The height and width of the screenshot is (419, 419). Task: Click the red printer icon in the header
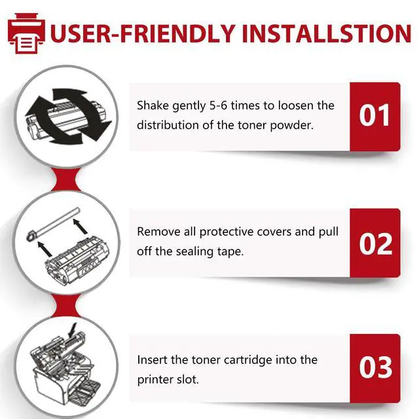point(26,33)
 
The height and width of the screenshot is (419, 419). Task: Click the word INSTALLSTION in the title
point(326,33)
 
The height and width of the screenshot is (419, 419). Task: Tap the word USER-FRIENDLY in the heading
point(143,33)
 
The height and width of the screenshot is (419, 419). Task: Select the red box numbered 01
point(375,117)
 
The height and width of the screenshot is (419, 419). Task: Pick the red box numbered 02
point(375,243)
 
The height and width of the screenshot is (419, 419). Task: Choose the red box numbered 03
point(375,368)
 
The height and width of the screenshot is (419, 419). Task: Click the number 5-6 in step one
point(218,105)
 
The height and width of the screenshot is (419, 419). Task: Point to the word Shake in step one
point(153,105)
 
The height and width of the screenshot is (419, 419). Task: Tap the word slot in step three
point(188,380)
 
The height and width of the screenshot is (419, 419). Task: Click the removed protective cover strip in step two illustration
point(54,224)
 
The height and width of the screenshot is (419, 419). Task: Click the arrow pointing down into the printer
point(73,330)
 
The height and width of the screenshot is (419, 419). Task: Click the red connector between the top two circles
point(66,179)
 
